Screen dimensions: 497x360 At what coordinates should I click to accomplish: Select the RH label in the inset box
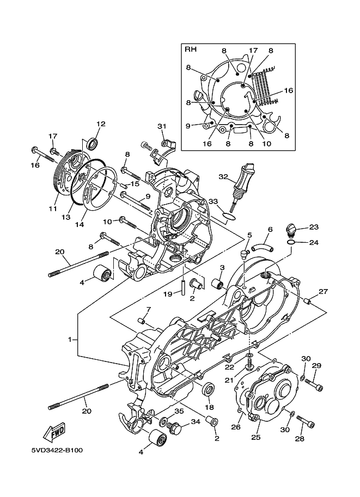tap(191, 50)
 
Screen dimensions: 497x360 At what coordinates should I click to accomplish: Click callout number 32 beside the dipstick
tap(223, 176)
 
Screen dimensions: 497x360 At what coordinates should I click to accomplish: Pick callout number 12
tap(101, 124)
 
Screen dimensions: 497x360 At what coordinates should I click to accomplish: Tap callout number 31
tap(161, 126)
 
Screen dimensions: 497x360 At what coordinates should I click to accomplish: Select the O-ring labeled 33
tap(230, 217)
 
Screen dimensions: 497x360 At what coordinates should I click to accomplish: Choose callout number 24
tap(314, 242)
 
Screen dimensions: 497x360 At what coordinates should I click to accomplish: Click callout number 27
tap(323, 292)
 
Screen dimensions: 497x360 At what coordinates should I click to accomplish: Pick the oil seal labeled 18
tap(208, 390)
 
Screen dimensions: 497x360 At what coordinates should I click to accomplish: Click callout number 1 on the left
tap(70, 339)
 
